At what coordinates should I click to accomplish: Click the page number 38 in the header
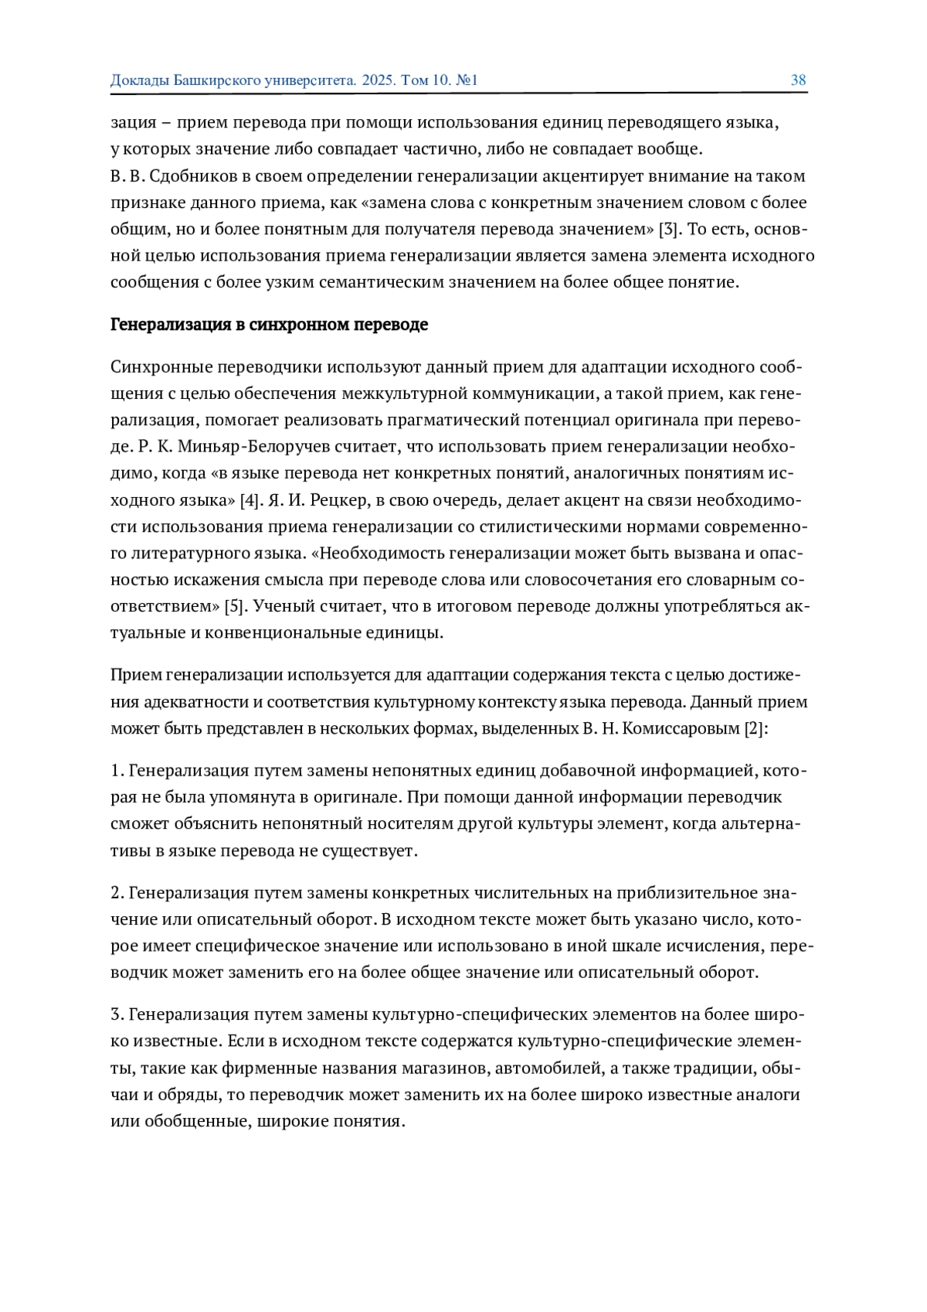tap(798, 80)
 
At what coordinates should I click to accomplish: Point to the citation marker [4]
tap(250, 499)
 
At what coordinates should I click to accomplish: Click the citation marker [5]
tap(235, 605)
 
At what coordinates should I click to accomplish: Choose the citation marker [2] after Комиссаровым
tap(755, 728)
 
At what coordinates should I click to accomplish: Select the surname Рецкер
tap(338, 499)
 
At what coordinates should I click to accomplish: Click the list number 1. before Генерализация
tap(117, 771)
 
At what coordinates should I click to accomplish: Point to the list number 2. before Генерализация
tap(117, 893)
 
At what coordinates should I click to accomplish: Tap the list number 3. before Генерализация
tap(117, 1014)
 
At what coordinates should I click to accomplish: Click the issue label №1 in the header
tap(467, 80)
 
